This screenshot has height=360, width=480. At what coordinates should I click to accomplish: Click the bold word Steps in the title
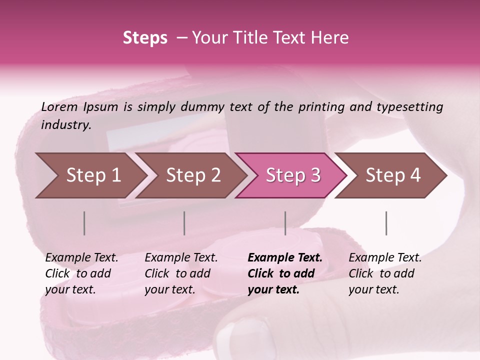click(x=145, y=38)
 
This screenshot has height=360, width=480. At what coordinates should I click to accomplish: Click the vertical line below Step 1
click(x=84, y=223)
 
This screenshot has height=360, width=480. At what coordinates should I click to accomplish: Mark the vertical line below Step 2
click(x=184, y=223)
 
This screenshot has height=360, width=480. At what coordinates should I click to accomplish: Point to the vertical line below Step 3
click(x=285, y=223)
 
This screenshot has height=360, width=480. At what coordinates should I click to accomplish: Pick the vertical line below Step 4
click(x=386, y=223)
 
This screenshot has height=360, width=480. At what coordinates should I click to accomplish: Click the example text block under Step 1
click(x=81, y=273)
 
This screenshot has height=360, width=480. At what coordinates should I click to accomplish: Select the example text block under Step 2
click(x=181, y=273)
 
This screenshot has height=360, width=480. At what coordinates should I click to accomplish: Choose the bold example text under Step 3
click(x=285, y=273)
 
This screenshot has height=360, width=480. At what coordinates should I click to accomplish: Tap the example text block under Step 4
click(x=385, y=273)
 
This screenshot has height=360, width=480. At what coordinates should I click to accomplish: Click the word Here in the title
click(x=330, y=38)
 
